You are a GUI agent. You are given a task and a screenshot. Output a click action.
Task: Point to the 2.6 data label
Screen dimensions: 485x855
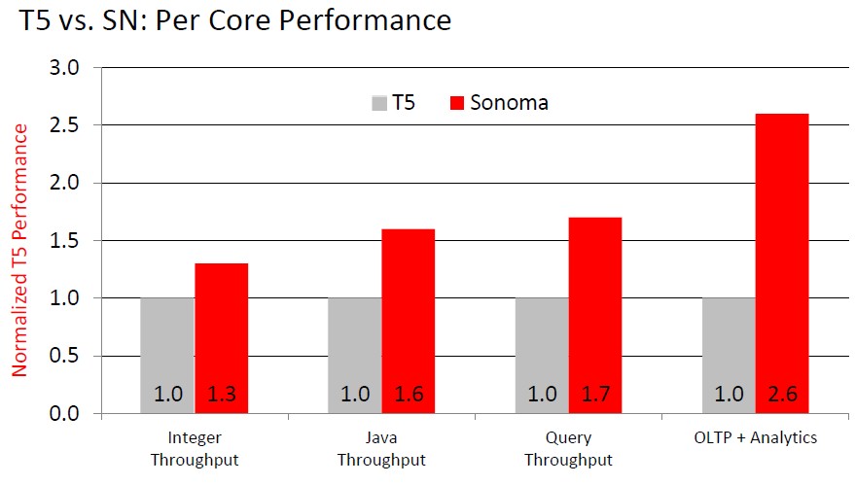click(x=783, y=396)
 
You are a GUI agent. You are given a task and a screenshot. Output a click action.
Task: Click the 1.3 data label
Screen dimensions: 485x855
click(x=221, y=396)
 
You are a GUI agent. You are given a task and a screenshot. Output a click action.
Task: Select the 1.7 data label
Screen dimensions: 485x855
click(x=595, y=396)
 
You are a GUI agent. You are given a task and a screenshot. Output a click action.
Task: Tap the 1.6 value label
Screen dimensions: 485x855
click(x=408, y=396)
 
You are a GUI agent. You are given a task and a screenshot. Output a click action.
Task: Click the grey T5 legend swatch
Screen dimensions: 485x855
click(x=378, y=102)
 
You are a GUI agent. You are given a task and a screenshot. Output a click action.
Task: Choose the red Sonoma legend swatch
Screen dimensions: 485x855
click(x=456, y=102)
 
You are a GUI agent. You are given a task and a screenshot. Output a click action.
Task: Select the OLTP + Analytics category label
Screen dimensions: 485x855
click(x=756, y=438)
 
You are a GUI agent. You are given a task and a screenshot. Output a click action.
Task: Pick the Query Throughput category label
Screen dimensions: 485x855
click(x=569, y=448)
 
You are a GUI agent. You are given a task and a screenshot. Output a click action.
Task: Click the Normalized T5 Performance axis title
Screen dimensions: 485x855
click(x=19, y=249)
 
